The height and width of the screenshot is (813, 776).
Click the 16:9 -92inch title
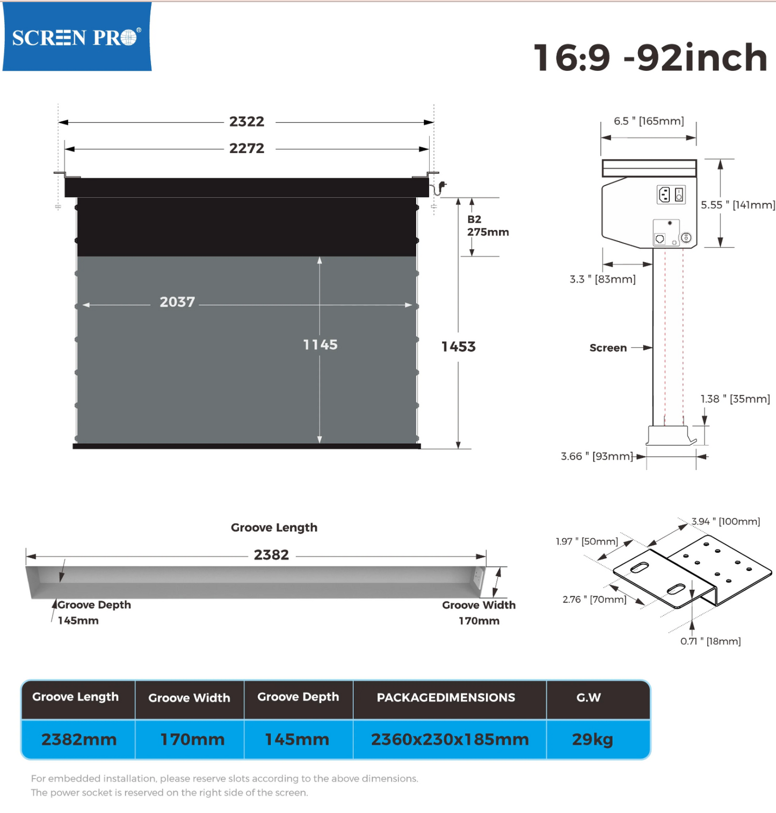[650, 57]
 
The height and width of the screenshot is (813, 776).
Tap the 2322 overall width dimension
[247, 122]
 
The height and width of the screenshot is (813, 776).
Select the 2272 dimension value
[247, 149]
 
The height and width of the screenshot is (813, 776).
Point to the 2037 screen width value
[177, 302]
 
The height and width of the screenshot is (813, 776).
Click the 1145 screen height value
[321, 345]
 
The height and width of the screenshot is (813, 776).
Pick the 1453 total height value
[459, 347]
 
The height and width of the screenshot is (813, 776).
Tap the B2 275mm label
[488, 226]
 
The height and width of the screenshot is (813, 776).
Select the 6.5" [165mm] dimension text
[649, 121]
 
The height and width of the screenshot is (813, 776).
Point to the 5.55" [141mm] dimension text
[738, 205]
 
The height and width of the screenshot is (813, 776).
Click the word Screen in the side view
[608, 348]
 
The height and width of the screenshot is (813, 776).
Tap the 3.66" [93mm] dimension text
[597, 457]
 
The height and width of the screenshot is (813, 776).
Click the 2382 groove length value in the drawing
[271, 555]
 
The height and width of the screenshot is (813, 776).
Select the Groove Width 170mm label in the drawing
[479, 613]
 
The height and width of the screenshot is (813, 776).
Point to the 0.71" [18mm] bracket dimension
[710, 641]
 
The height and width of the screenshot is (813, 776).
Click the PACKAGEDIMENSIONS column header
[446, 698]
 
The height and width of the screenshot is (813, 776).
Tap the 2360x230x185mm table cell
[450, 739]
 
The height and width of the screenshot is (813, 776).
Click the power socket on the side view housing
[664, 194]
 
